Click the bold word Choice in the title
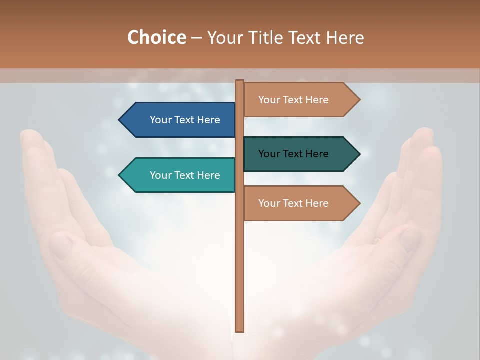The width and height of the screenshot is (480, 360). tap(156, 37)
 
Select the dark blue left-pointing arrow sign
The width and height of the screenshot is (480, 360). tap(180, 120)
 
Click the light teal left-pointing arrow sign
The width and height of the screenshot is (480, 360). tap(180, 175)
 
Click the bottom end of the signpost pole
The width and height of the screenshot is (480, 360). tap(240, 329)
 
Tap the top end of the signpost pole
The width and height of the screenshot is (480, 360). tap(240, 82)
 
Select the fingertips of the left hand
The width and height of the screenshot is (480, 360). tap(31, 136)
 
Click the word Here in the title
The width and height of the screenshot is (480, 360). tap(344, 37)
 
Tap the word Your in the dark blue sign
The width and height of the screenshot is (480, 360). tap(160, 120)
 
